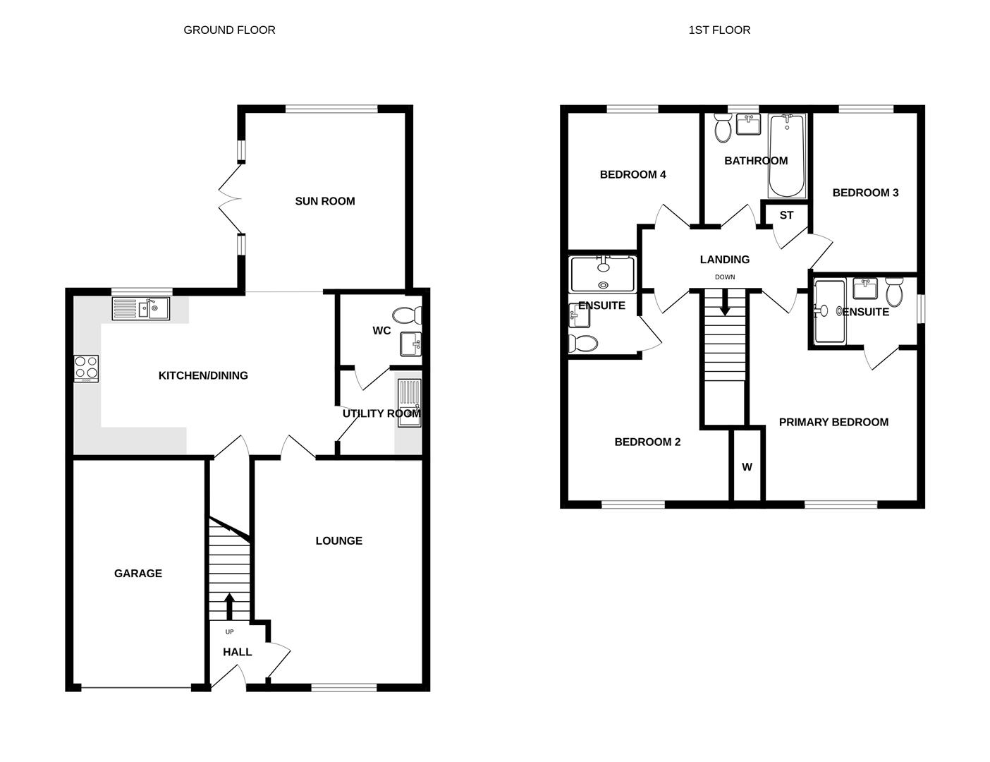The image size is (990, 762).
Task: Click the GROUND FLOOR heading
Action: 229,30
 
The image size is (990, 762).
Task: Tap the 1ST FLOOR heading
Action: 719,30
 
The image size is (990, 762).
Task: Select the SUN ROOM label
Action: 325,201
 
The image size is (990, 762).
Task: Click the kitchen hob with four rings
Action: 86,368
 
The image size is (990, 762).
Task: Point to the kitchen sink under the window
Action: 141,308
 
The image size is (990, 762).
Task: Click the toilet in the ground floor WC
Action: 407,315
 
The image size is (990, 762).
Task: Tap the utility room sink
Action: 409,403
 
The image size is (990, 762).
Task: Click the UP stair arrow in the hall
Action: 229,606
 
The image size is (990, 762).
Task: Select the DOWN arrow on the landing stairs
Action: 725,302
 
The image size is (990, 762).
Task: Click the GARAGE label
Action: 138,574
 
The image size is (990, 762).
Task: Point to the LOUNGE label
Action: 339,540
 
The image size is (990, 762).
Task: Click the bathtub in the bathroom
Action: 787,156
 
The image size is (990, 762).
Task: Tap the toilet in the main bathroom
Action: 723,128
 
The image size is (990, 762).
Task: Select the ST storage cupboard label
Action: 786,215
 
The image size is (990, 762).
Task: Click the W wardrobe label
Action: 747,466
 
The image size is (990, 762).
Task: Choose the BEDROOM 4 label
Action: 632,174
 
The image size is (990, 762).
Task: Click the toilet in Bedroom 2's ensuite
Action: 582,344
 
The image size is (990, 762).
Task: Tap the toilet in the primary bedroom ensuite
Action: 894,292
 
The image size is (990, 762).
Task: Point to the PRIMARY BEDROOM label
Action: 833,422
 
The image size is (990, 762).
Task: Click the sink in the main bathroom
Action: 749,124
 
